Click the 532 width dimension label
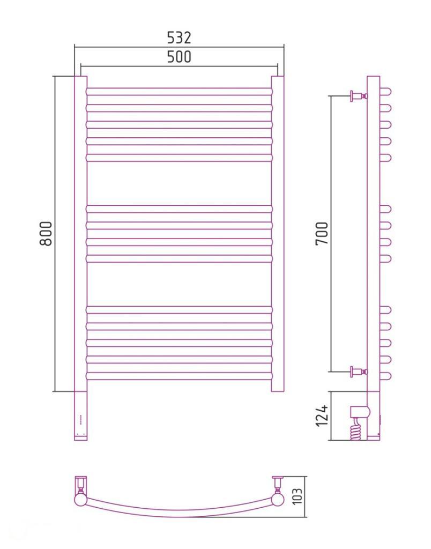pos(179,38)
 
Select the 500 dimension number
pos(179,57)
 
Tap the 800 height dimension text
pos(46,233)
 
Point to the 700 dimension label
pos(322,233)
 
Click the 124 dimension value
pos(322,416)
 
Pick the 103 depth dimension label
pos(298,496)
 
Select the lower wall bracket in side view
pos(359,372)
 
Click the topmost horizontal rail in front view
pos(179,92)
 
